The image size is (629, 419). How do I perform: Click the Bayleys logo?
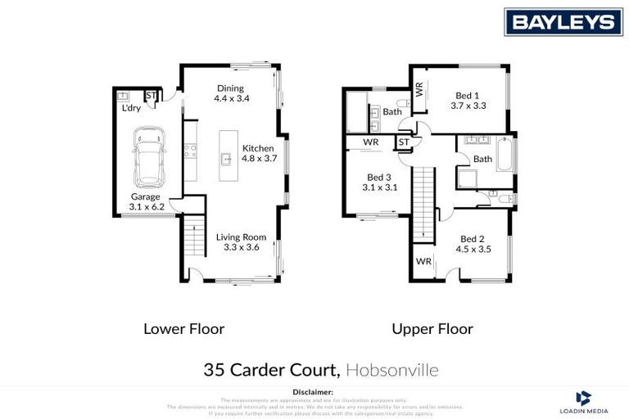(x=563, y=22)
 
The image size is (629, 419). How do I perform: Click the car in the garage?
(x=150, y=156)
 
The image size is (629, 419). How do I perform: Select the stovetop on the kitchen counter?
(x=189, y=150)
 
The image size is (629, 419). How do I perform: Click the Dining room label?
(x=231, y=88)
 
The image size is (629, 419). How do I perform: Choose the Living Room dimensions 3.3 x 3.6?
(x=242, y=248)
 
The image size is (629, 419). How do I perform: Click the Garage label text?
(x=146, y=197)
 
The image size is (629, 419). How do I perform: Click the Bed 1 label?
(x=468, y=95)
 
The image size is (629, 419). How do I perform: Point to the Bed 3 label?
(x=379, y=177)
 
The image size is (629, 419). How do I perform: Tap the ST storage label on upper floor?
(x=403, y=142)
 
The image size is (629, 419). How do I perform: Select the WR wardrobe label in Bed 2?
(x=423, y=262)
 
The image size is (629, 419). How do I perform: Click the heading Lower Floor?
(x=183, y=329)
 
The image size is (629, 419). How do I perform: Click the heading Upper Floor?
(x=432, y=329)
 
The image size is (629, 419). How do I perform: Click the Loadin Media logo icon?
(x=583, y=397)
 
